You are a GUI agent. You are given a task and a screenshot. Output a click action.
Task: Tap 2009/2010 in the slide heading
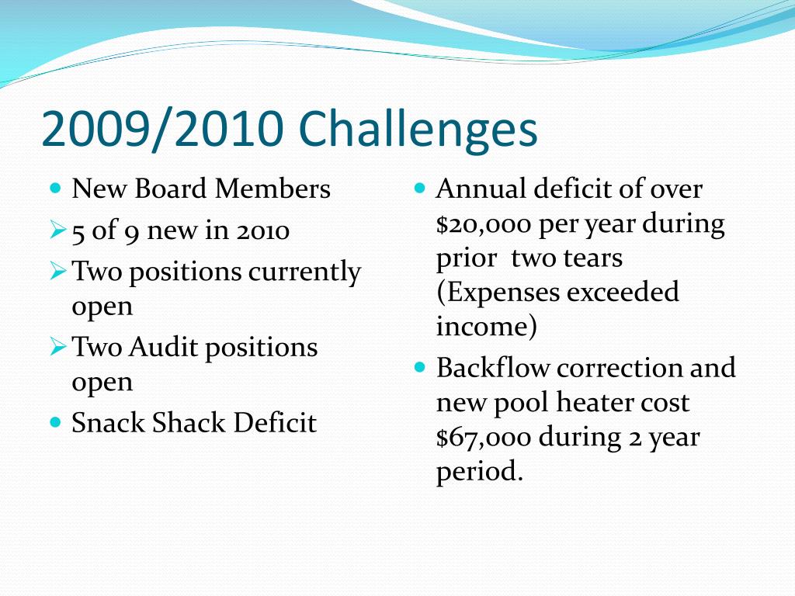pyautogui.click(x=161, y=130)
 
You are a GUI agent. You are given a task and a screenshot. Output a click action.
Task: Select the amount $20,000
pyautogui.click(x=483, y=225)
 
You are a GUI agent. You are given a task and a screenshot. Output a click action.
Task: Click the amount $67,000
pyautogui.click(x=483, y=438)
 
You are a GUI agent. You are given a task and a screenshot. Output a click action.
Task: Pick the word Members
pyautogui.click(x=273, y=189)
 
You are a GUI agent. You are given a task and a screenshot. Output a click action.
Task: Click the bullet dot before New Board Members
pyautogui.click(x=54, y=188)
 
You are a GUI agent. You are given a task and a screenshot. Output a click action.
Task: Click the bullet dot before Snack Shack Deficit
pyautogui.click(x=54, y=422)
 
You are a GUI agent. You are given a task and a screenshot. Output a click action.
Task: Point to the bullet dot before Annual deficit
pyautogui.click(x=420, y=188)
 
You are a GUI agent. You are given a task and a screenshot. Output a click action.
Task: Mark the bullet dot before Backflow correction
pyautogui.click(x=420, y=366)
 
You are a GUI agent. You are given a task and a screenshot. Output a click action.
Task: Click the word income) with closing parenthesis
pyautogui.click(x=486, y=327)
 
